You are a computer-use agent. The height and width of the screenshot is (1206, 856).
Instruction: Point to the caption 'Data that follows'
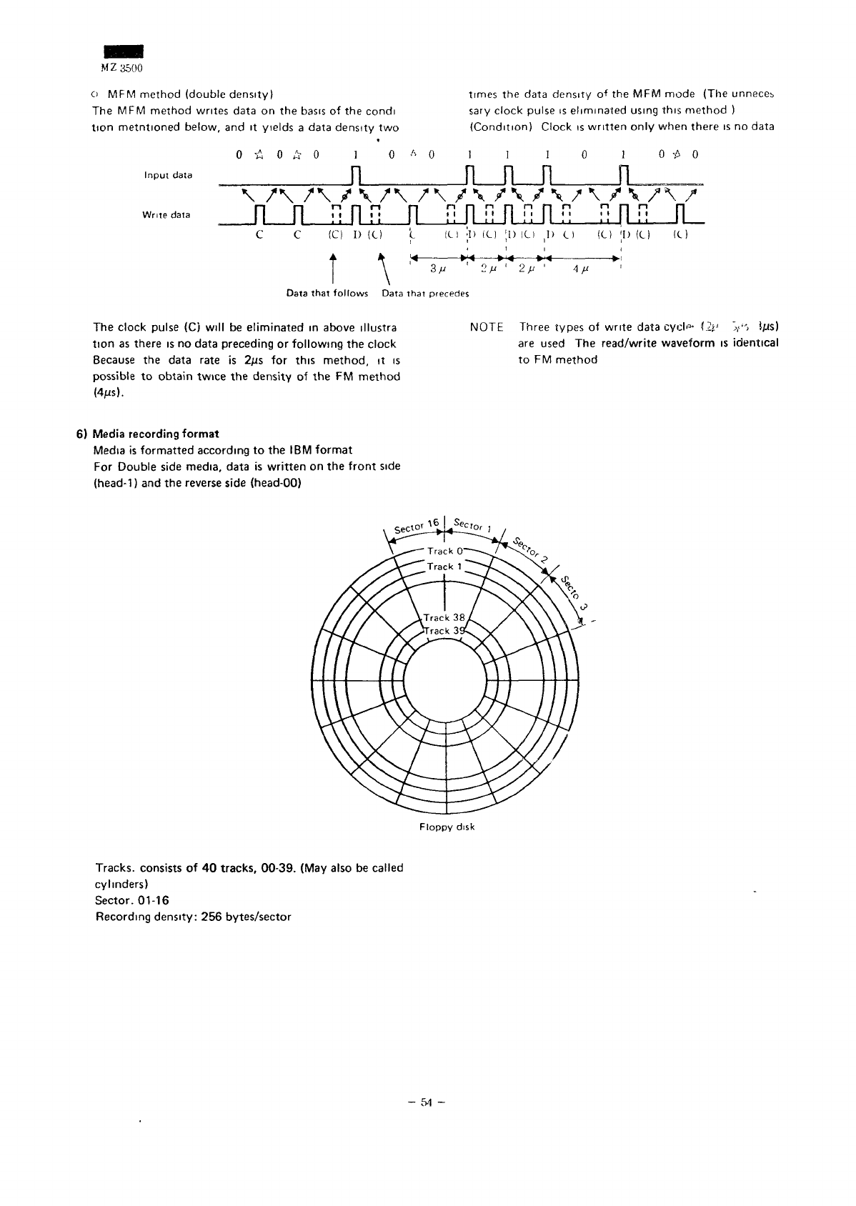[x=327, y=294]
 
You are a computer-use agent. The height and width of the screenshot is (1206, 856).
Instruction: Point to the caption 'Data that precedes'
[x=425, y=294]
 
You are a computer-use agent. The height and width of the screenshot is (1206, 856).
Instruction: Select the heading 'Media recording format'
[x=153, y=434]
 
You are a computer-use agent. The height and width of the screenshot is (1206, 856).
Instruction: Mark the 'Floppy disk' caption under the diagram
[x=447, y=827]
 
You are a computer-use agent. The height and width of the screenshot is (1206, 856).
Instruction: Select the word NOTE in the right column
[x=486, y=327]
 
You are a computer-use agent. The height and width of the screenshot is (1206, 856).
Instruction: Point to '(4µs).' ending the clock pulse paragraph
[x=108, y=392]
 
